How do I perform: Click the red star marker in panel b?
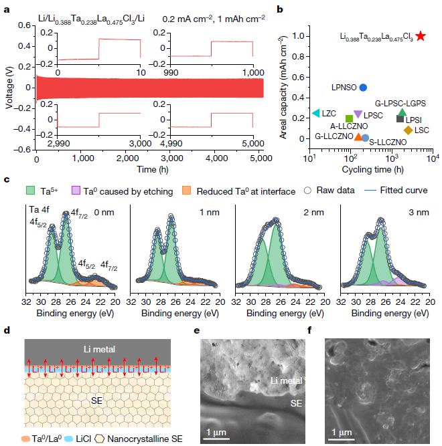pos(420,35)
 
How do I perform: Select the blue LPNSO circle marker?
pos(363,88)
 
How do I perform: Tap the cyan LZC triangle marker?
pos(316,114)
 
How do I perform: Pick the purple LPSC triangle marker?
pos(358,115)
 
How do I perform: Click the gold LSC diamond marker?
pos(408,130)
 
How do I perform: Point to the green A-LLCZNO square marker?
pos(349,119)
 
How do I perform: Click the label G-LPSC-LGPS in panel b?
pos(400,104)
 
